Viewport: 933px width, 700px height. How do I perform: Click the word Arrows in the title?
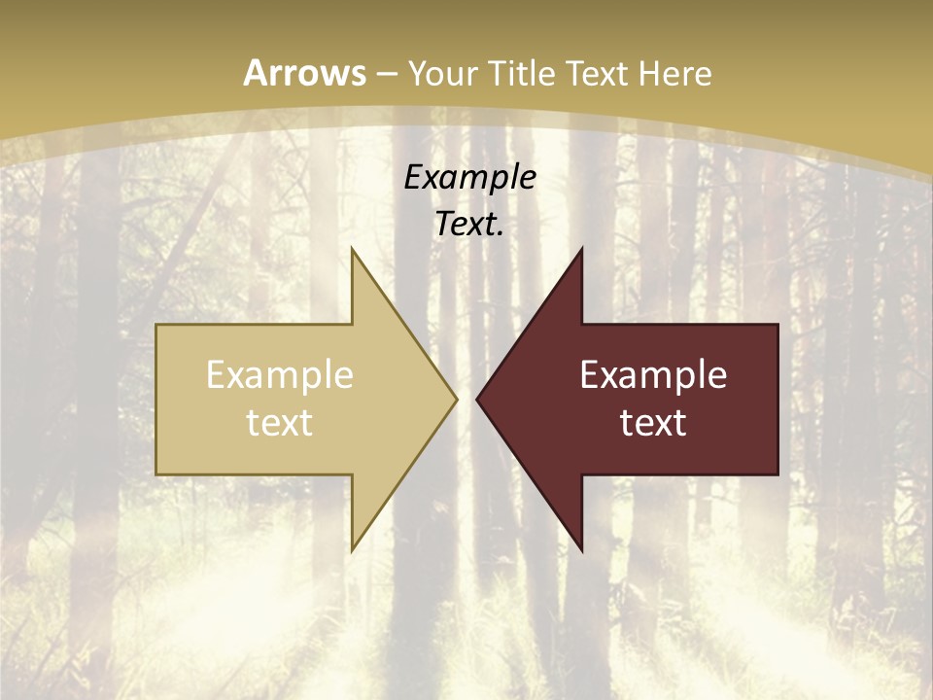click(305, 73)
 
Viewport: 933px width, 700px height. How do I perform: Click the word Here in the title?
click(676, 73)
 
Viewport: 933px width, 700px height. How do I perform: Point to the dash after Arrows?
click(387, 74)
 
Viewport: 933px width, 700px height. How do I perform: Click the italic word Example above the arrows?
click(470, 178)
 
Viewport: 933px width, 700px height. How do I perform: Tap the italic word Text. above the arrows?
click(470, 224)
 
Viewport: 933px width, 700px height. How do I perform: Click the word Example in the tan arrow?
click(280, 374)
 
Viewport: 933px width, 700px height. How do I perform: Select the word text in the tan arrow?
click(280, 422)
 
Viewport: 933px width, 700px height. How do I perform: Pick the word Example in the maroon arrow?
click(653, 374)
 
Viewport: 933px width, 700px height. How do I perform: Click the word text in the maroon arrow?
click(653, 422)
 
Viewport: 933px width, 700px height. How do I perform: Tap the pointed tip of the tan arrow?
click(455, 399)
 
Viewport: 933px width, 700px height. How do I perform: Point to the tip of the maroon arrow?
click(478, 399)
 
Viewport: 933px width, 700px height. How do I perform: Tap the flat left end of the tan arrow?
click(157, 399)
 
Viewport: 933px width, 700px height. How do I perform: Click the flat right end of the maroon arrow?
click(777, 399)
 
